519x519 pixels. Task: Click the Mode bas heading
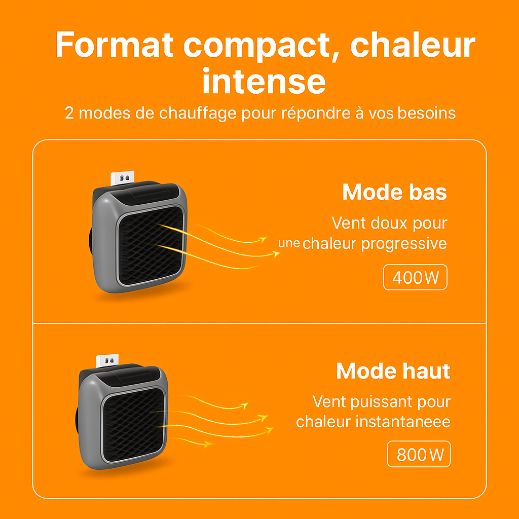tap(394, 192)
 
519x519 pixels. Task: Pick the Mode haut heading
tap(393, 371)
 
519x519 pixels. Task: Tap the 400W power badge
tap(415, 277)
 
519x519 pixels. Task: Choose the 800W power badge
tap(419, 455)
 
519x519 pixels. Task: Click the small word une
tap(289, 243)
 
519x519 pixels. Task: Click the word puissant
tap(378, 402)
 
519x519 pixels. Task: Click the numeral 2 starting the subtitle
tap(69, 113)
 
